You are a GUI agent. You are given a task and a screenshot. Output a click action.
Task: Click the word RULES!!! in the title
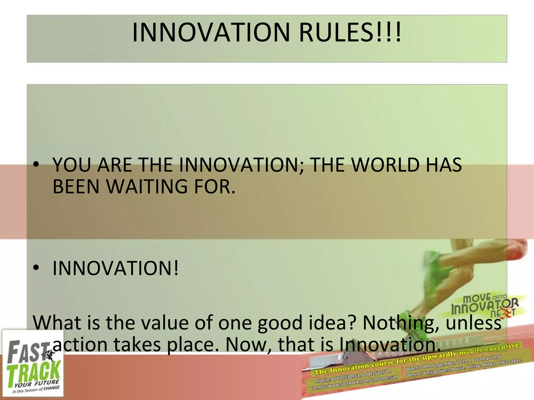coord(349,33)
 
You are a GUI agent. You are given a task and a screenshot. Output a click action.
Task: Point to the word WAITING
coord(147,187)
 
